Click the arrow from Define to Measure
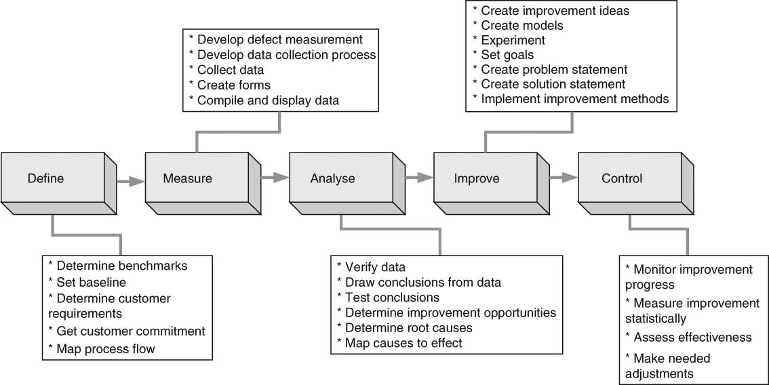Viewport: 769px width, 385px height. [130, 181]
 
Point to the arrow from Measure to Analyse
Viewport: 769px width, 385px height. [275, 178]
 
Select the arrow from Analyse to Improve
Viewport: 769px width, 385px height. [419, 178]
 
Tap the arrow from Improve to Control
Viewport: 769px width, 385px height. [564, 178]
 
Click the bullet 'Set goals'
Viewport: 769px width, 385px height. [507, 55]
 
